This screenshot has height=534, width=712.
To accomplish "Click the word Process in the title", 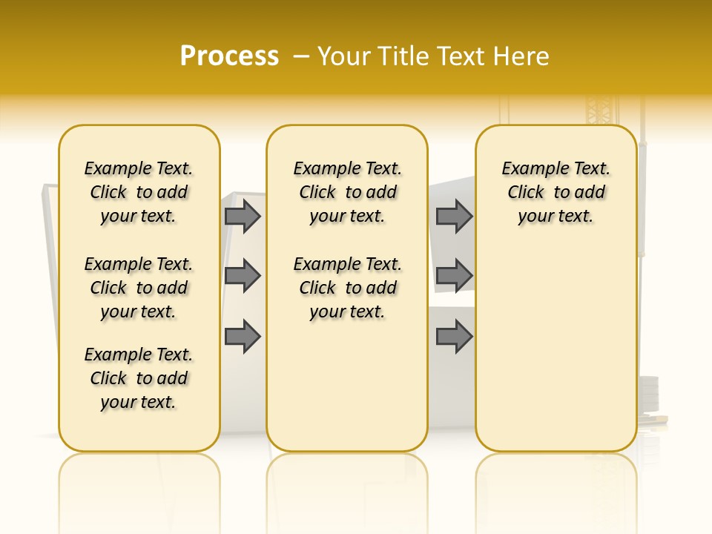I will (x=229, y=56).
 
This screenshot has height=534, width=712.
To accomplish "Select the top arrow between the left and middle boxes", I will (x=243, y=216).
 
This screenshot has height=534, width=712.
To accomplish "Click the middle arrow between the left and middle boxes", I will (x=243, y=276).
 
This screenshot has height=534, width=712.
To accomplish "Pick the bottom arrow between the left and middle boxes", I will (x=243, y=337).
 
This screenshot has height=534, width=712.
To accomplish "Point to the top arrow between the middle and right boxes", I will (x=454, y=216).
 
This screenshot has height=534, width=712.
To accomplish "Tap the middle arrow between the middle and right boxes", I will (x=454, y=276).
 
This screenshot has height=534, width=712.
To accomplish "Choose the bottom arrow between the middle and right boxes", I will (x=454, y=337).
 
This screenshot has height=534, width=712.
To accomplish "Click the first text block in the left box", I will (x=139, y=192).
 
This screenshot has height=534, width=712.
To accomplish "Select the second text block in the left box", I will (x=139, y=288).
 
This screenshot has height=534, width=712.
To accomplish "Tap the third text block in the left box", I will (x=139, y=378).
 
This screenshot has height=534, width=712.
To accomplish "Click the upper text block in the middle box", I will (x=347, y=192).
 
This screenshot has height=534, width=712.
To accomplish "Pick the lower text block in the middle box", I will (x=347, y=288).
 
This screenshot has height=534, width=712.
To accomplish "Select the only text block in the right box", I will (x=556, y=192).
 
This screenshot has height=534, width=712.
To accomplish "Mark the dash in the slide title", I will (x=300, y=56).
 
